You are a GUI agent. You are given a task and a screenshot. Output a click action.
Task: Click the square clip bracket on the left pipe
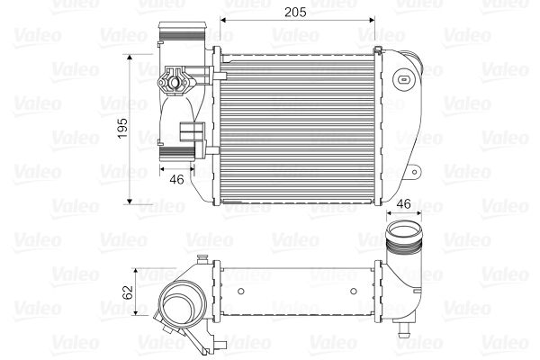[x=191, y=132]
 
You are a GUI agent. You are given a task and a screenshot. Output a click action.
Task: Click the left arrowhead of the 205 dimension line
[x=226, y=17]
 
